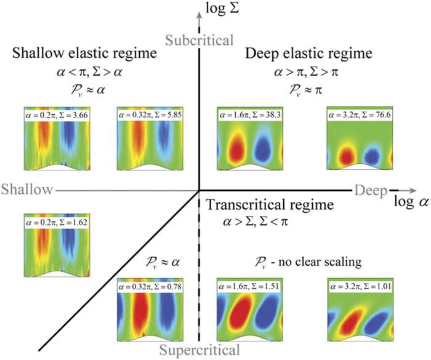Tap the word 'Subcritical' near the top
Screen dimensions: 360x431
pyautogui.click(x=199, y=41)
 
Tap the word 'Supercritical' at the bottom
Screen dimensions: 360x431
pyautogui.click(x=199, y=351)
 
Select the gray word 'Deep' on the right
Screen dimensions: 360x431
pyautogui.click(x=370, y=190)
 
